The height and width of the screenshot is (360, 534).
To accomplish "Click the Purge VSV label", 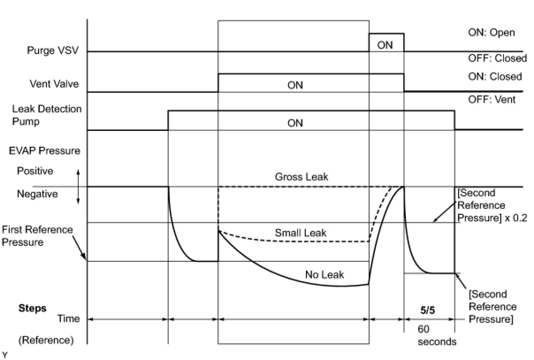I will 53,50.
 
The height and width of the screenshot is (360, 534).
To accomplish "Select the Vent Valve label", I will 54,84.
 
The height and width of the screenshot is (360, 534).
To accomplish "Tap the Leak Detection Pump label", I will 47,115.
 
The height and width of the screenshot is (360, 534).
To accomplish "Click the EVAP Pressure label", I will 44,150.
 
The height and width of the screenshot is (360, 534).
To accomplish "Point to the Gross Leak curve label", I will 301,177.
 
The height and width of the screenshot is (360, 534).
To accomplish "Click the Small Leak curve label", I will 301,233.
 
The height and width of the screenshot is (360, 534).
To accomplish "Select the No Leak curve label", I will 324,275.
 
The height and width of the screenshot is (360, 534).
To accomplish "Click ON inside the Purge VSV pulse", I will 385,45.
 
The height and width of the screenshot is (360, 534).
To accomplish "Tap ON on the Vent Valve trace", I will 295,85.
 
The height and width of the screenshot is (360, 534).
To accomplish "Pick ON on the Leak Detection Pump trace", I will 295,123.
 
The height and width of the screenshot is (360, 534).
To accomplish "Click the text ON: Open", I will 492,33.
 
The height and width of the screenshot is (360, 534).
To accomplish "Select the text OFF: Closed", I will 497,58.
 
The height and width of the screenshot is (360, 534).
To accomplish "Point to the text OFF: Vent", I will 492,100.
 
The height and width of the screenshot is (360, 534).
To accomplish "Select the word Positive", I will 35,171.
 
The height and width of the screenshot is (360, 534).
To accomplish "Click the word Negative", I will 37,194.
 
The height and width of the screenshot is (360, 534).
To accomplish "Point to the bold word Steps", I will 32,308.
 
